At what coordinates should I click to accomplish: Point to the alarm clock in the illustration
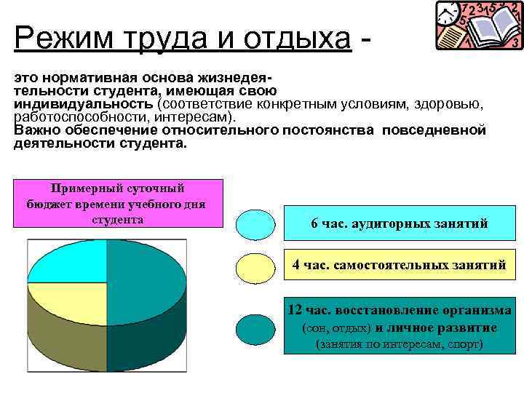[449, 12]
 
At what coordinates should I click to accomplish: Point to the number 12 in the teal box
[295, 311]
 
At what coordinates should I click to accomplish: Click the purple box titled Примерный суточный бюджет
[117, 203]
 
